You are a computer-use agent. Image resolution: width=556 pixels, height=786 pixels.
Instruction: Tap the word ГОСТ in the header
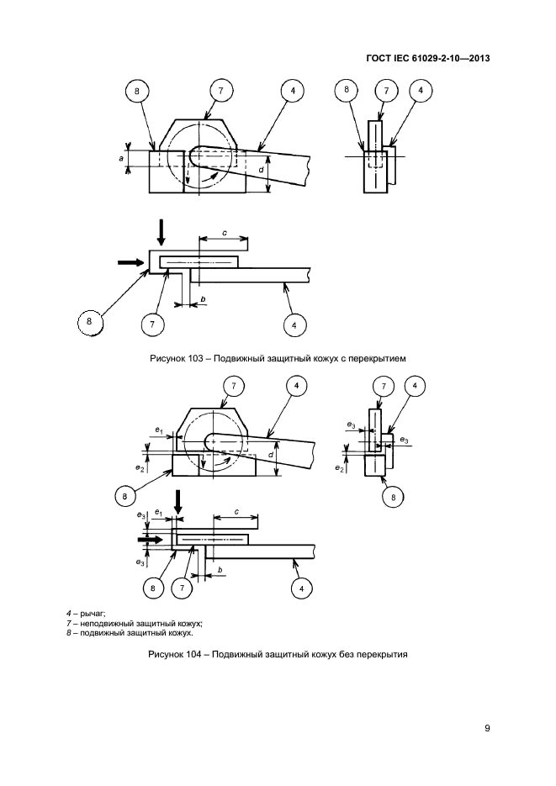point(378,59)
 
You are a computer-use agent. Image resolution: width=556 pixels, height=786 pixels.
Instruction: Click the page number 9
point(487,728)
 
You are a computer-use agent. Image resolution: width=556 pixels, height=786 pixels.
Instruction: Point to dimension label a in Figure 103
point(121,158)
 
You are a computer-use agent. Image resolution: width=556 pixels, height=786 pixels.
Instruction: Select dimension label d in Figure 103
point(262,171)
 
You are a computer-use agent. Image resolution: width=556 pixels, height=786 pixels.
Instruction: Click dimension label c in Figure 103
point(224,233)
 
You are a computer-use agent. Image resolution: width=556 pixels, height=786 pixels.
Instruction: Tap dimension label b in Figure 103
point(203,299)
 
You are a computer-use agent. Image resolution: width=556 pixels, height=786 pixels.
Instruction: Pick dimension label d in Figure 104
point(271,455)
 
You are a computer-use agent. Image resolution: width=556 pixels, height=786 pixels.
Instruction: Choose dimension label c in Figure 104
point(236,512)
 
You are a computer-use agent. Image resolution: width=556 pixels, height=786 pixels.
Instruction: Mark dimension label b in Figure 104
point(220,570)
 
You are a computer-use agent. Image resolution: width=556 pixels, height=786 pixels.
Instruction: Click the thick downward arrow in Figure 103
point(160,231)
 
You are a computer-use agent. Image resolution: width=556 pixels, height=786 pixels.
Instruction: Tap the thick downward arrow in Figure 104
point(177,502)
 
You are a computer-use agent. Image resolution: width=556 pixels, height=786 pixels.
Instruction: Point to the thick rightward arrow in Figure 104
point(151,540)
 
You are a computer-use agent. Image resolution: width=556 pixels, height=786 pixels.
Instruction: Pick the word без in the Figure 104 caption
point(345,654)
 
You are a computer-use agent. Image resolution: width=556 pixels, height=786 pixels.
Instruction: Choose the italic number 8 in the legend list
point(69,633)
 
